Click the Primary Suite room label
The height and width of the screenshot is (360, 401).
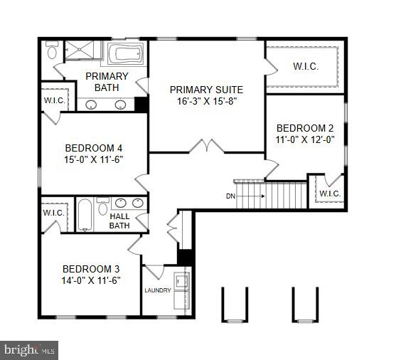click(x=206, y=90)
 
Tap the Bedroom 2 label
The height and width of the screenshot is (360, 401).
click(x=305, y=128)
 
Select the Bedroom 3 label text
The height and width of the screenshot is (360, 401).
click(x=91, y=269)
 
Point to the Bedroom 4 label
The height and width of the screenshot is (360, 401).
click(x=92, y=148)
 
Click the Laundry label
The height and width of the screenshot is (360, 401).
click(x=158, y=290)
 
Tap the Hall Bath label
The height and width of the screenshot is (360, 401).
click(x=119, y=221)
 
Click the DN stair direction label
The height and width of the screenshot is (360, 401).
click(x=231, y=195)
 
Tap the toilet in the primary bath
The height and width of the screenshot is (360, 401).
click(x=52, y=52)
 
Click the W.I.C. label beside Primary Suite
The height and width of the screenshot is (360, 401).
click(x=306, y=67)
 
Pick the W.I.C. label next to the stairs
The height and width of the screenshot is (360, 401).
click(x=330, y=193)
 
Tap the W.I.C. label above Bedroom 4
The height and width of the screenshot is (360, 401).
click(x=54, y=100)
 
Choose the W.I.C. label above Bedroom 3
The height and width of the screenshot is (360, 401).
click(x=54, y=212)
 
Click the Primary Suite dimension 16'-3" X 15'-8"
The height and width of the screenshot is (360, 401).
click(x=206, y=102)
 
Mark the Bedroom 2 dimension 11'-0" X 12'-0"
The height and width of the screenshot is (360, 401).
click(x=305, y=140)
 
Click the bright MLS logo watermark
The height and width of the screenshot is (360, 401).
click(x=28, y=349)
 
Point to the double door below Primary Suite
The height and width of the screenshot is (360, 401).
click(x=207, y=147)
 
